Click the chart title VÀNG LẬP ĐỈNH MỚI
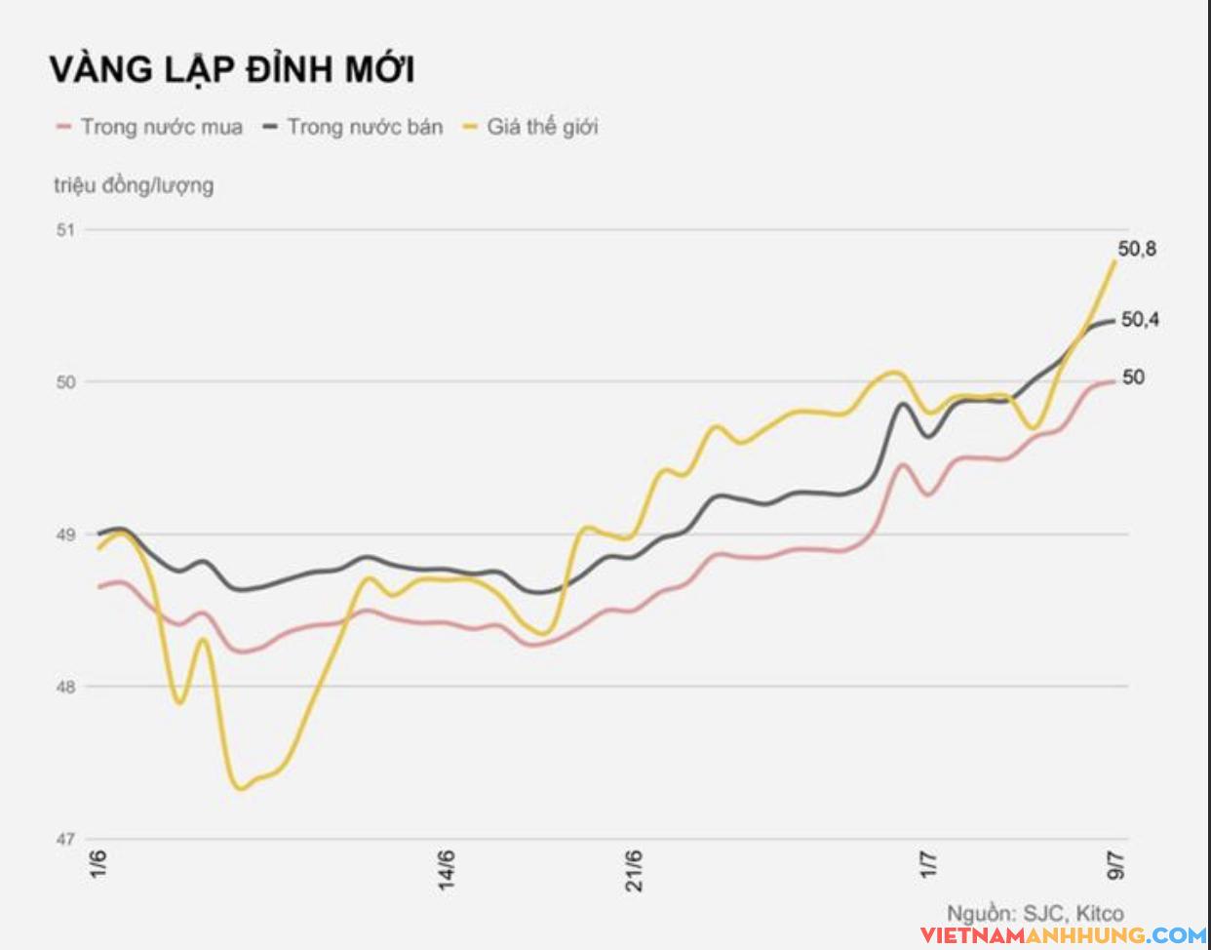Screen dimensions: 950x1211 click(x=232, y=69)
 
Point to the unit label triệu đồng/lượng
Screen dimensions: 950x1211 click(x=134, y=184)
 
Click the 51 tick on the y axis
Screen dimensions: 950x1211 click(x=66, y=230)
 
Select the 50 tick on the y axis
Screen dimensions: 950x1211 click(x=66, y=382)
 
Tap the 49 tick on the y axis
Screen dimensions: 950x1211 click(x=66, y=534)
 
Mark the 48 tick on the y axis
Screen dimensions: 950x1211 click(x=66, y=687)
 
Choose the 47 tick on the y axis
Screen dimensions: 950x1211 click(x=66, y=839)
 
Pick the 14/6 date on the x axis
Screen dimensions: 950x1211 click(x=447, y=869)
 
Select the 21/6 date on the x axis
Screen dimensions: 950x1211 click(x=635, y=869)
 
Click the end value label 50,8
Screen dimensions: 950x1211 click(x=1137, y=250)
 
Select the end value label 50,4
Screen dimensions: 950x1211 click(x=1140, y=320)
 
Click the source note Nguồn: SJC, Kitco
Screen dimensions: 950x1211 click(x=1035, y=914)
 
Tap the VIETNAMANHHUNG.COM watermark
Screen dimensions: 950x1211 click(x=1060, y=935)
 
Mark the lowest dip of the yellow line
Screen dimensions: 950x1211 click(x=240, y=788)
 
